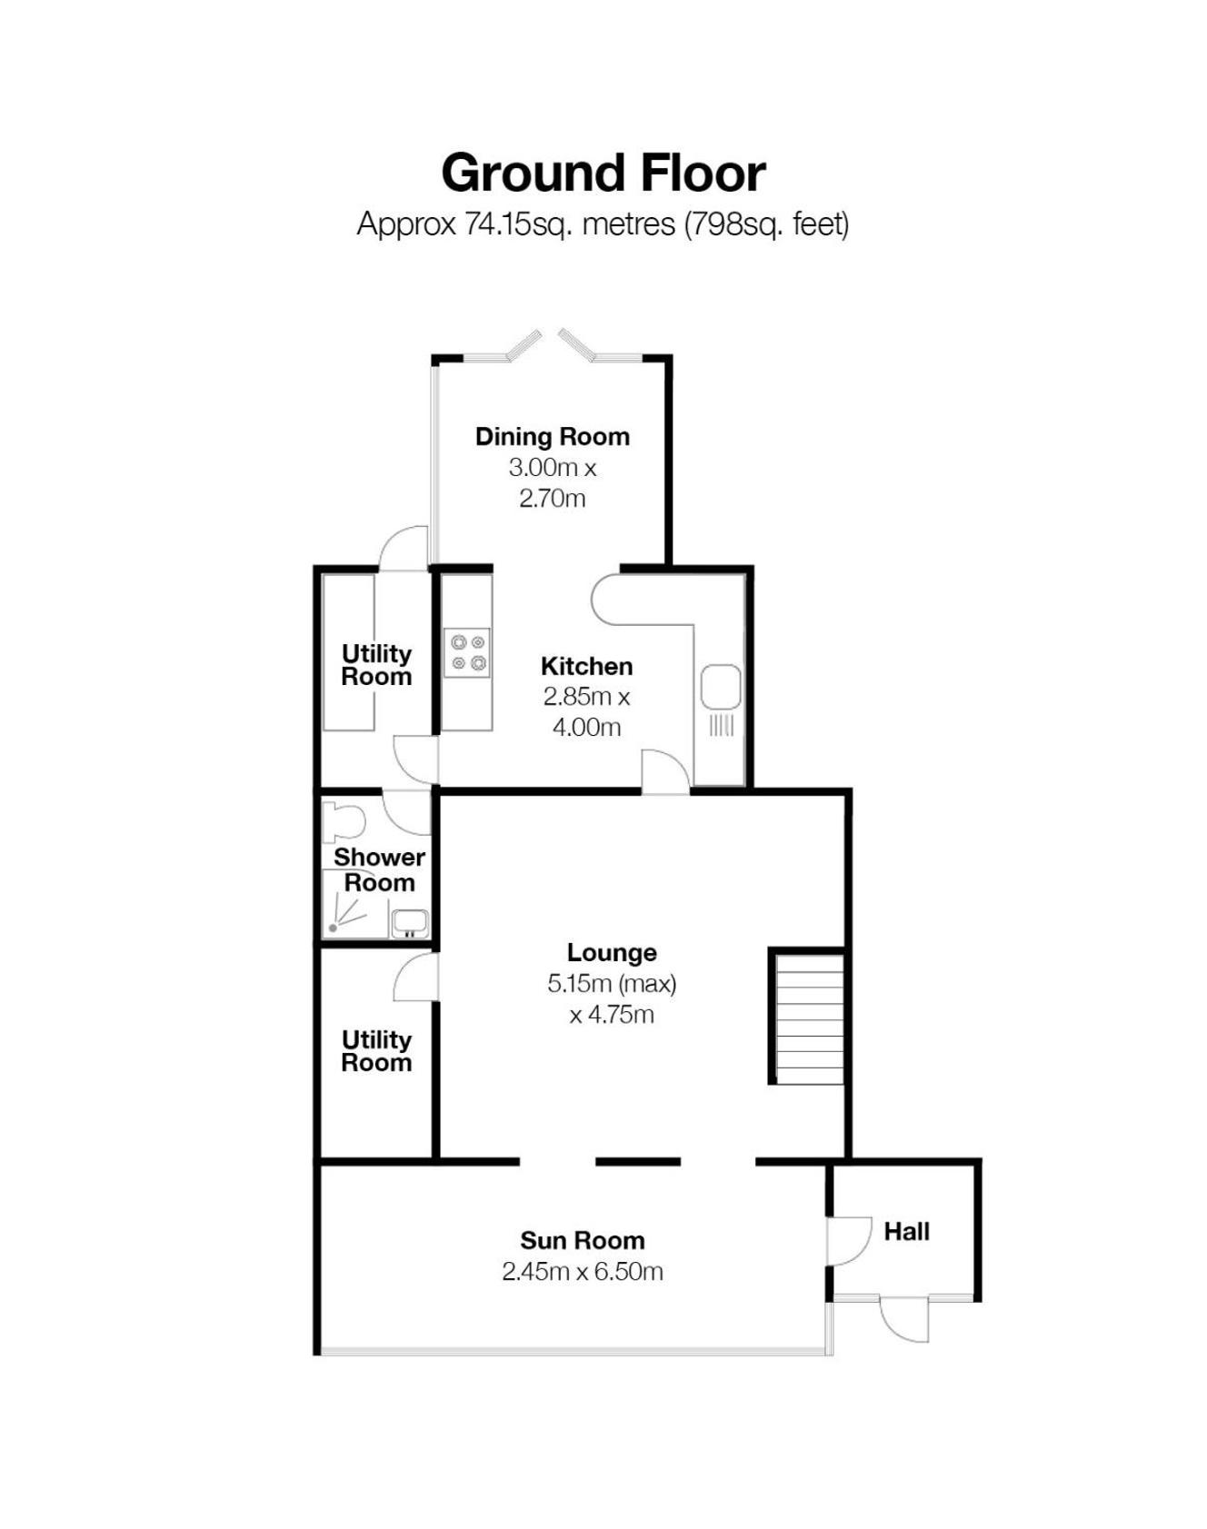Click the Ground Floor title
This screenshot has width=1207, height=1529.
603,173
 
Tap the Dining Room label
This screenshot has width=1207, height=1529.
553,436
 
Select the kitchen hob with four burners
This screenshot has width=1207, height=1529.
467,652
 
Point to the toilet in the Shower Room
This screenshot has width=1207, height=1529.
343,821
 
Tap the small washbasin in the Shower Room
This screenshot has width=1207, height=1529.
409,923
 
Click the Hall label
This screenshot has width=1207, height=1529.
906,1231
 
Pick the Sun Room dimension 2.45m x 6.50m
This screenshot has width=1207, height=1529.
583,1271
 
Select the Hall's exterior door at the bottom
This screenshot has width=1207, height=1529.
903,1319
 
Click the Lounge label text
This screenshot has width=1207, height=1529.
612,952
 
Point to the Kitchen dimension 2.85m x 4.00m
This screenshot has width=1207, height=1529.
587,711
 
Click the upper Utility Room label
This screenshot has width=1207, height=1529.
376,665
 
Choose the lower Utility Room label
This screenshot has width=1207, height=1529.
376,1051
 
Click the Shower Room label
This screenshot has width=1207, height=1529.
379,869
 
